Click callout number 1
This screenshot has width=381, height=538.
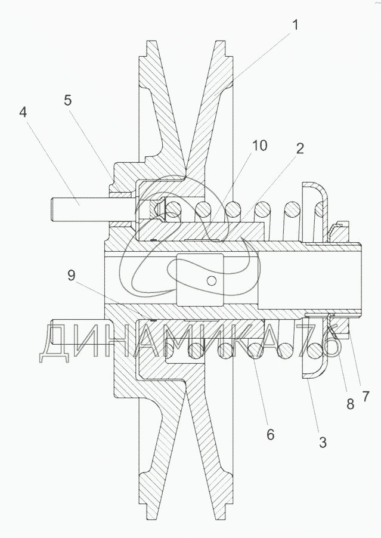(x=295, y=25)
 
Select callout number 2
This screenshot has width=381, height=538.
(x=300, y=149)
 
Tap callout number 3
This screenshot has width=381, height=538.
(x=323, y=443)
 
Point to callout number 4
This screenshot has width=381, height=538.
(x=23, y=112)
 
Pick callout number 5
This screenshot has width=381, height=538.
(x=67, y=101)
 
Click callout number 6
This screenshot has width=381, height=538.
(x=270, y=435)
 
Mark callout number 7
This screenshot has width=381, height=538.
(x=365, y=396)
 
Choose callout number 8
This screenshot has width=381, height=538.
(x=350, y=404)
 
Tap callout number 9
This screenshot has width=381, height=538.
(x=71, y=276)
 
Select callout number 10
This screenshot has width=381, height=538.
(x=259, y=146)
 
